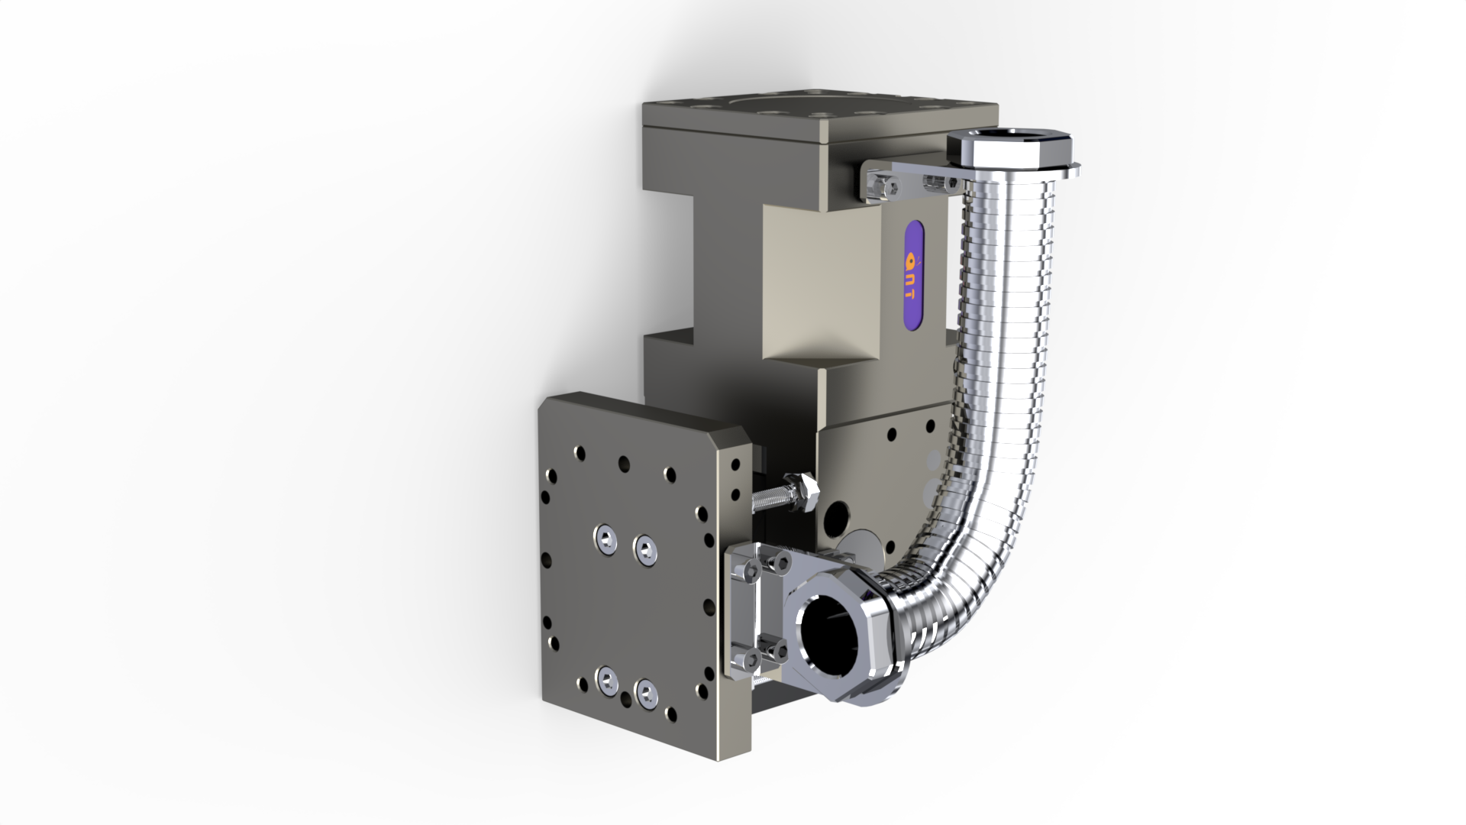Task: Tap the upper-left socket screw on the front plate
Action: pyautogui.click(x=606, y=539)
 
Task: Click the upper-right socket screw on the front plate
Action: pyautogui.click(x=645, y=549)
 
